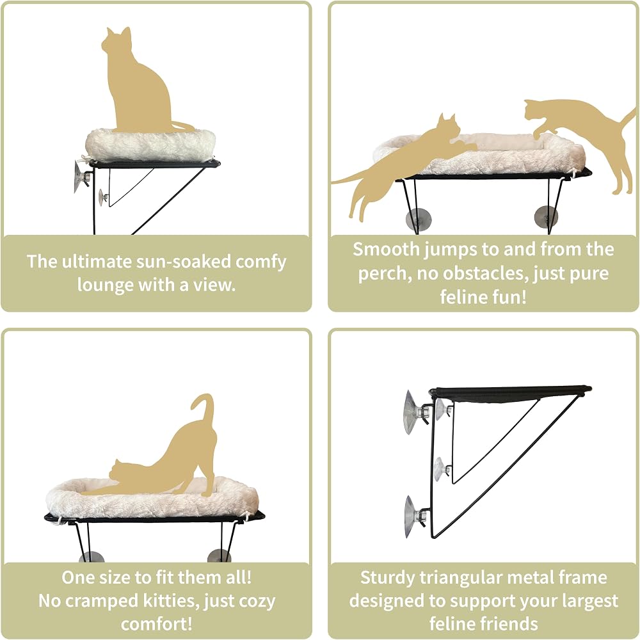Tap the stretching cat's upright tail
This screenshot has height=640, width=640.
coord(206,412)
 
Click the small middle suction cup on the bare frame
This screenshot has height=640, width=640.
coord(442,470)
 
